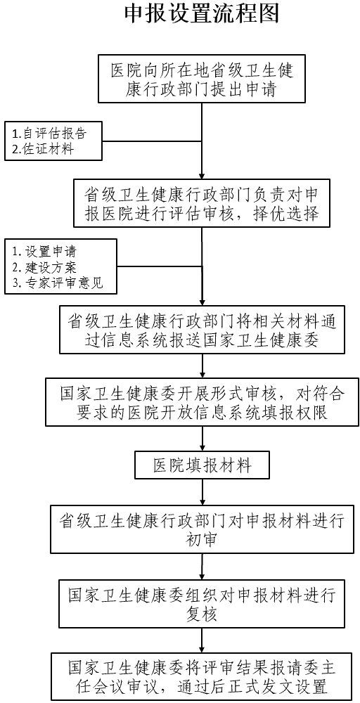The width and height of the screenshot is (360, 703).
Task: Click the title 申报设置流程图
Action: pos(202,13)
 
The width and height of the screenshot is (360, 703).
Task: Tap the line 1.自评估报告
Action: pos(49,133)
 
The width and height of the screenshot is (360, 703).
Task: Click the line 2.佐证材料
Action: pos(42,149)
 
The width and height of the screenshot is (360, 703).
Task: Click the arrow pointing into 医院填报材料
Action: pos(202,439)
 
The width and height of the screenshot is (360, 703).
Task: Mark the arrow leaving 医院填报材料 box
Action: pos(202,491)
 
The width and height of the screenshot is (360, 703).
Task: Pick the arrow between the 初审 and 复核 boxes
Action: pos(202,566)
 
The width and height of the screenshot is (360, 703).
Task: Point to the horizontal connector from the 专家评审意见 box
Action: pos(160,266)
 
